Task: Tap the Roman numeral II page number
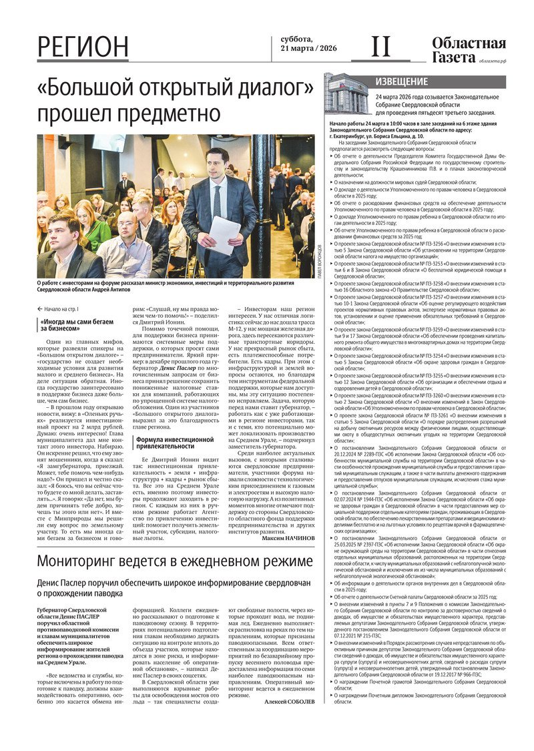380,47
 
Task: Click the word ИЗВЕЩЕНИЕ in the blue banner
402,81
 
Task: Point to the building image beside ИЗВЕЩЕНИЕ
346,93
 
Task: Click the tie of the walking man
216,201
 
